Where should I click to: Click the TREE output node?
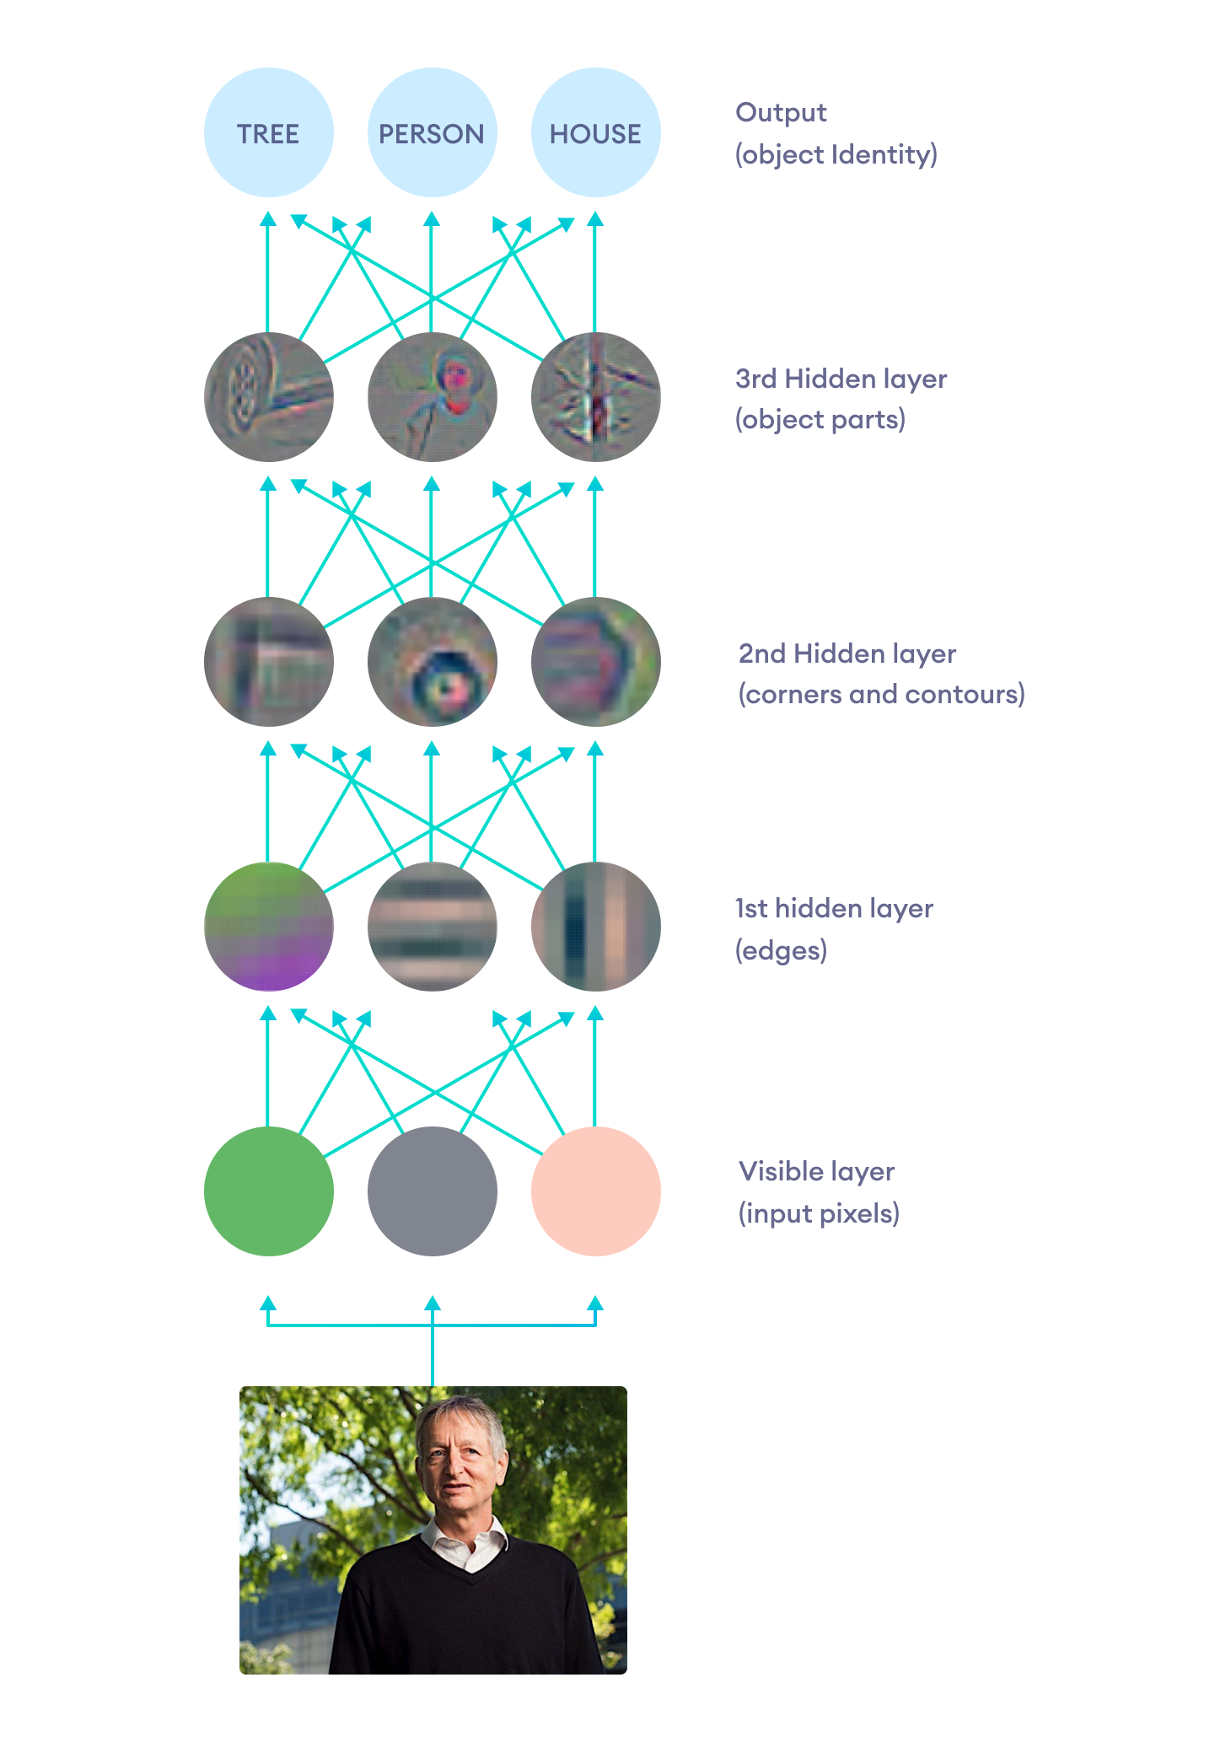coord(268,133)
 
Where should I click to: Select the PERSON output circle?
coord(432,133)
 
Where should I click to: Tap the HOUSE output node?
coord(595,133)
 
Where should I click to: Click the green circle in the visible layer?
coord(268,1191)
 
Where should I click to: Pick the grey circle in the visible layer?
coord(432,1191)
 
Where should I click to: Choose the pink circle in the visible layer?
coord(595,1191)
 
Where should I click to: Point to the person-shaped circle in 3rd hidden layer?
coord(432,397)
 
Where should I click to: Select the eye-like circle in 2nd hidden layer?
coord(432,662)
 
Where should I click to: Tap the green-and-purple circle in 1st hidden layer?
coord(268,926)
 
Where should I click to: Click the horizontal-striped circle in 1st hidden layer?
coord(432,926)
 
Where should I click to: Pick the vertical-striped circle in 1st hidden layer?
coord(595,926)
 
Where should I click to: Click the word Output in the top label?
coord(781,113)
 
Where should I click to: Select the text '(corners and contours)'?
coord(881,695)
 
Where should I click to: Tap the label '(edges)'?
coord(781,950)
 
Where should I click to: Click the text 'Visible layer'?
coord(815,1171)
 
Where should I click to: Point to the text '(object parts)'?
coord(820,420)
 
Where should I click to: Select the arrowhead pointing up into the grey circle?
coord(432,1304)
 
